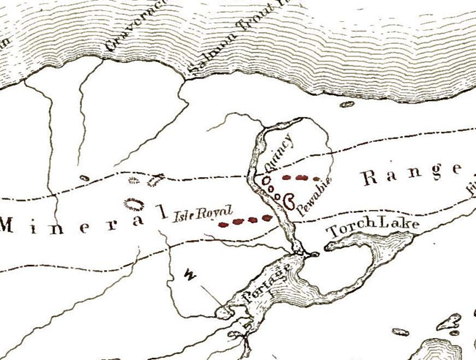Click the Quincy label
click(x=279, y=153)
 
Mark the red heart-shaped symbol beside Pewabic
click(x=289, y=198)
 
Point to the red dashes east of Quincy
click(x=301, y=178)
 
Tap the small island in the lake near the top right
click(x=346, y=105)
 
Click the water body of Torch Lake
click(x=366, y=256)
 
